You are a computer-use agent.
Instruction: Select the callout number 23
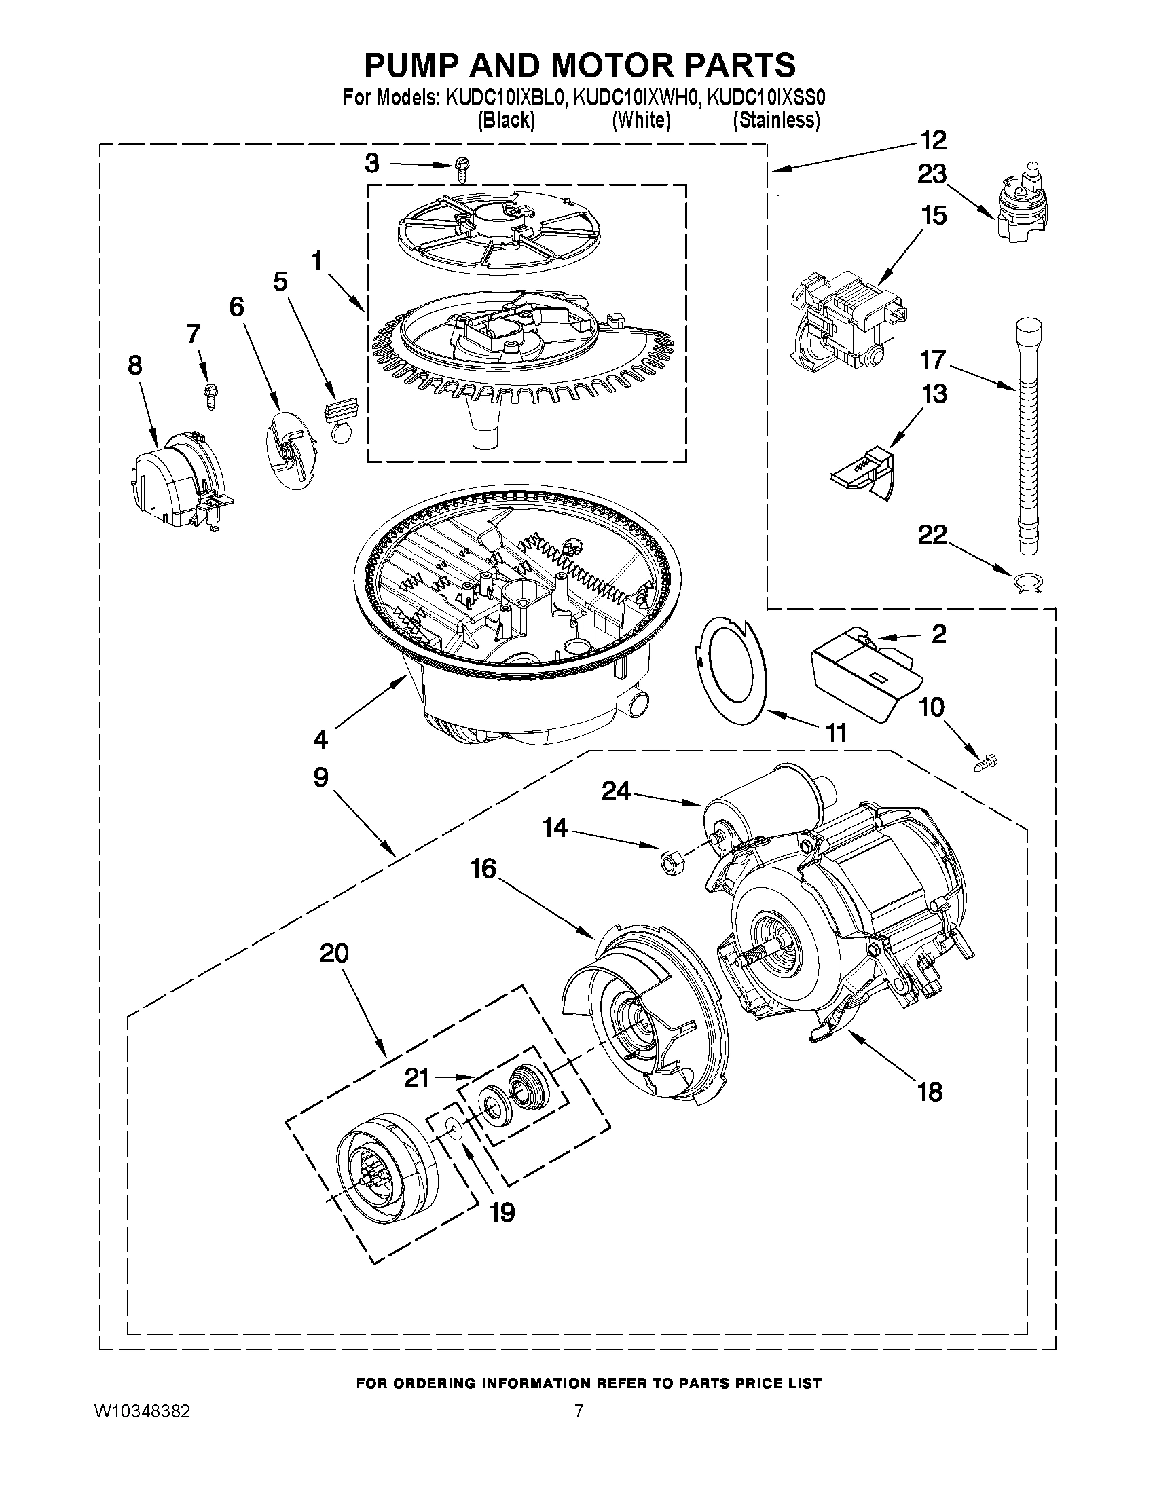pos(932,174)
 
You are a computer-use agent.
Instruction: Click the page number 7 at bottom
pos(579,1411)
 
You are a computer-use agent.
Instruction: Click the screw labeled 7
pos(208,395)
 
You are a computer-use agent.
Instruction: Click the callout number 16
pos(483,869)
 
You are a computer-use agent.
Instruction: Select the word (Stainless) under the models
pos(776,120)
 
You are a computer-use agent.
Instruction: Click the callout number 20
pos(334,952)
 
